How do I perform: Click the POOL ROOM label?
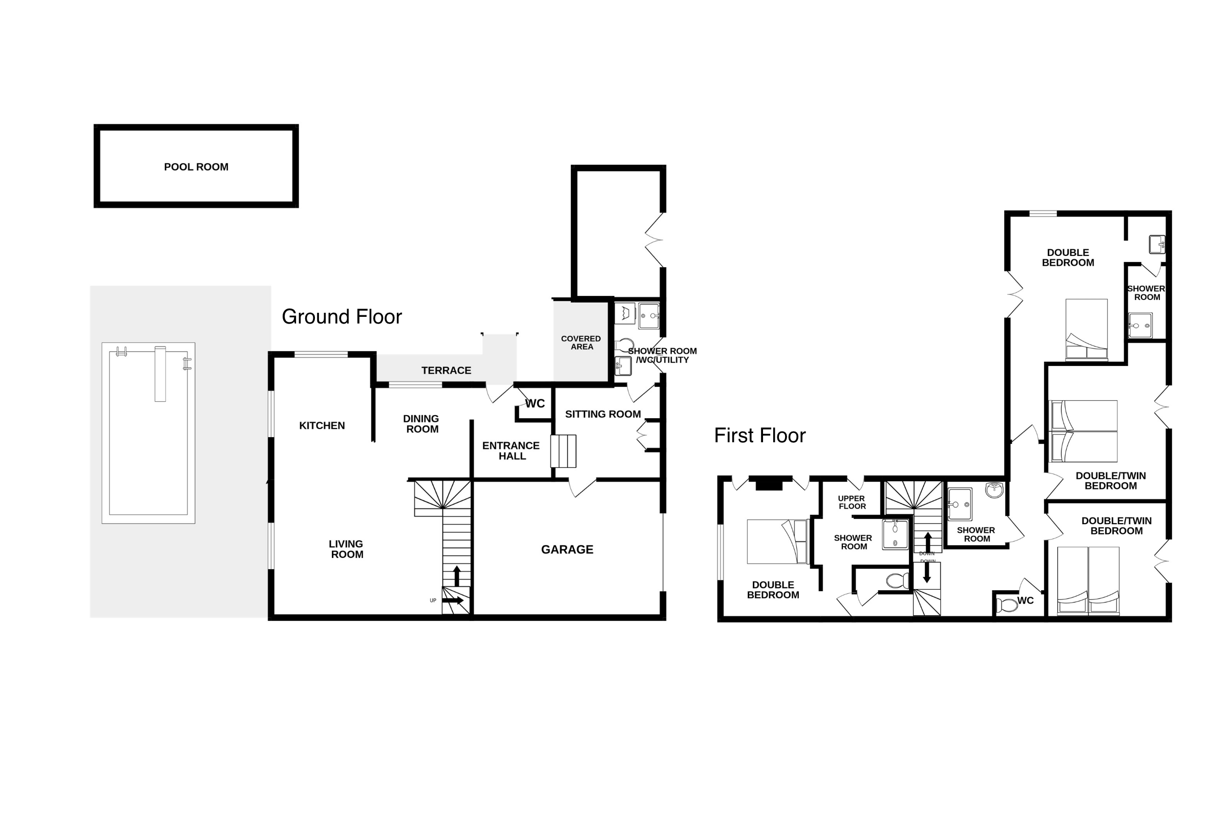coord(196,167)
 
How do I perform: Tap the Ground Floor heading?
coord(342,316)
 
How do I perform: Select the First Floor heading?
coord(760,435)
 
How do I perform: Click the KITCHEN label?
coord(322,426)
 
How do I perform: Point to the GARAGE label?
coord(567,549)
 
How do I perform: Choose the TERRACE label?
coord(446,370)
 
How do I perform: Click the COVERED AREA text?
coord(581,342)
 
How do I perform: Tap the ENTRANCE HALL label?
coord(511,451)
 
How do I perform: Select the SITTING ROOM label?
coord(603,414)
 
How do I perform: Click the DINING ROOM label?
coord(421,424)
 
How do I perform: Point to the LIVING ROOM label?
coord(346,549)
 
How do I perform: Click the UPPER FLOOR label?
coord(852,502)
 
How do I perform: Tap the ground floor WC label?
coord(535,404)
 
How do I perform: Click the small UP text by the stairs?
coord(433,600)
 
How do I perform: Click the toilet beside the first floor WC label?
coord(1006,605)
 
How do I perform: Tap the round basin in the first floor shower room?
coord(994,490)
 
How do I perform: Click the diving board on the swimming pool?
coord(160,374)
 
